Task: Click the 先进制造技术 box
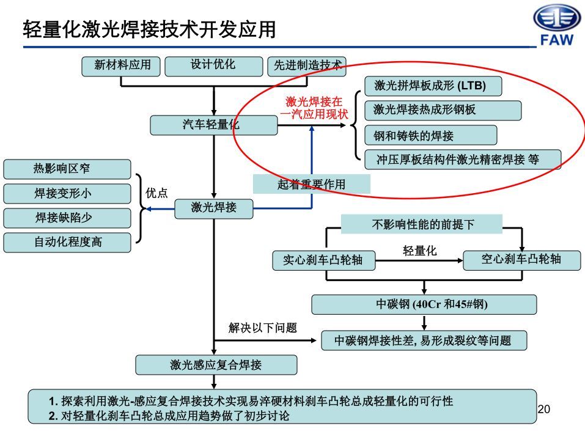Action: (307, 66)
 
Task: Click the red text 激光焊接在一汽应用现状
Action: (314, 108)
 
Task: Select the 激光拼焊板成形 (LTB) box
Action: (433, 86)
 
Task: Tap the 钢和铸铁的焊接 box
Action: (430, 135)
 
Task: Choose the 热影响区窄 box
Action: (67, 169)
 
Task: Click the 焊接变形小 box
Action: (67, 193)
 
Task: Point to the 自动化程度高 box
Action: (67, 242)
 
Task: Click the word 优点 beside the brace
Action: (156, 193)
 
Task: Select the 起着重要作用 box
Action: (312, 184)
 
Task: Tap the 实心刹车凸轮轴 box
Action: (322, 260)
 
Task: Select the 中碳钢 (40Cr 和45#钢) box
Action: (424, 304)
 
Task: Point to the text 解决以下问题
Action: (263, 328)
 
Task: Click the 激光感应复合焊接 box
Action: (215, 365)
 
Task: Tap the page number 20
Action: (543, 409)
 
